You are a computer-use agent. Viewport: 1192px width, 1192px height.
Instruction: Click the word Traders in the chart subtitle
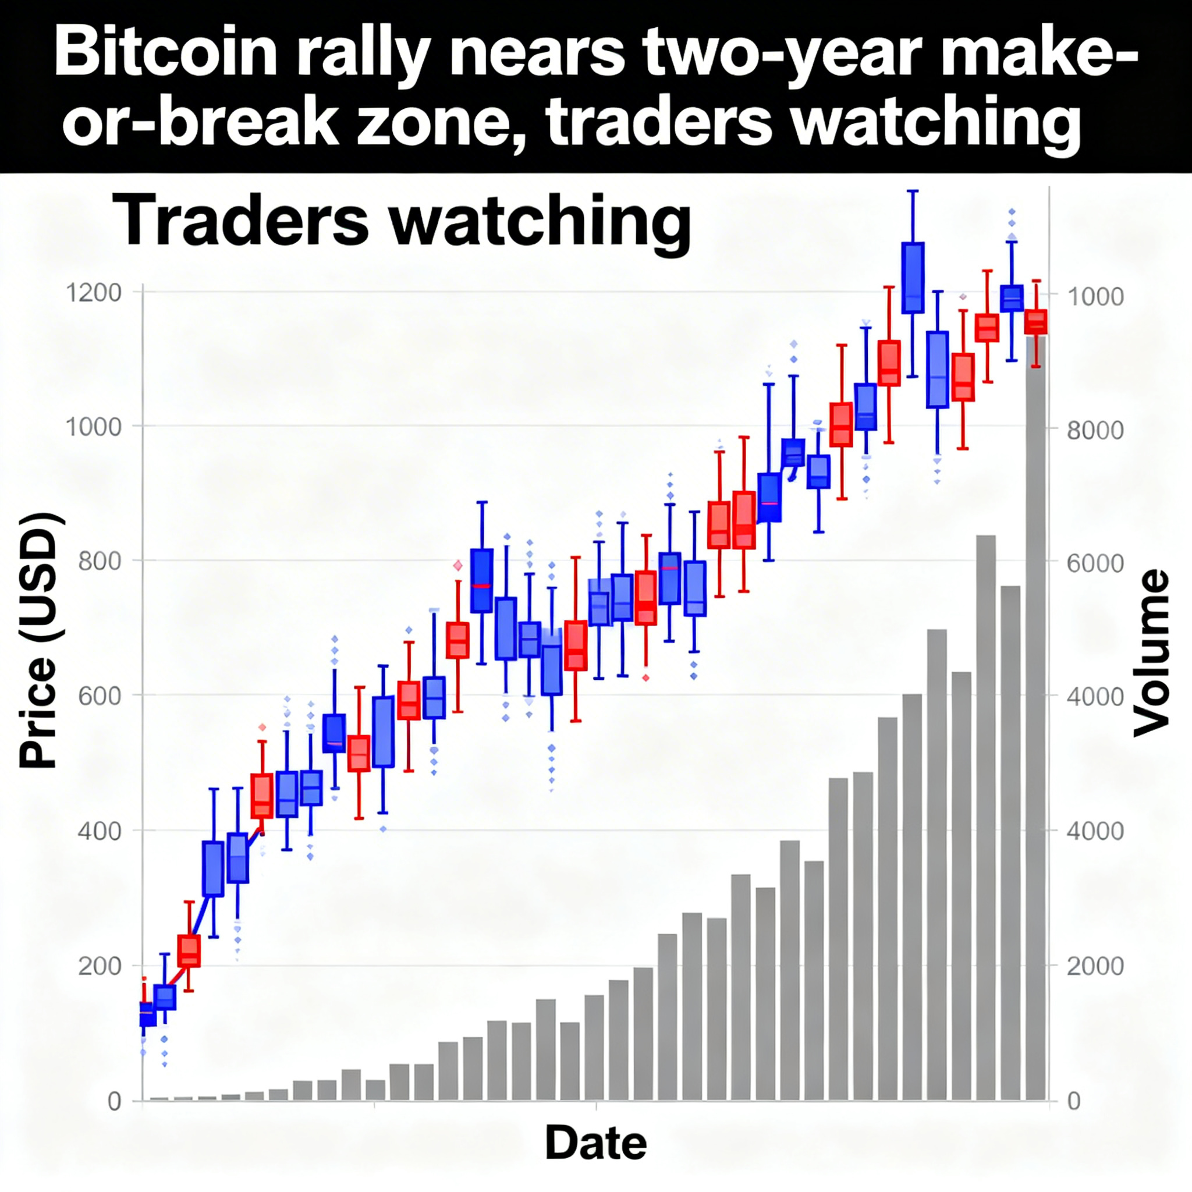[x=241, y=219]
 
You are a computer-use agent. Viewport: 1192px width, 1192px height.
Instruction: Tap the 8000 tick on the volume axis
[x=1095, y=430]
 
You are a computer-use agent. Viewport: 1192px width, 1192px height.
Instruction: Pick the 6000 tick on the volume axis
[x=1095, y=563]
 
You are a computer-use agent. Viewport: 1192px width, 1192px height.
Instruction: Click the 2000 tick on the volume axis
[x=1095, y=966]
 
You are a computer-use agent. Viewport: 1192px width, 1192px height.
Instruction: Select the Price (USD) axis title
[x=38, y=641]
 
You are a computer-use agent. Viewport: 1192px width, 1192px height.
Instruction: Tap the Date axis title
[x=595, y=1143]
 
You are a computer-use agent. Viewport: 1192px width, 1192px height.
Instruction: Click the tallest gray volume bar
[x=1036, y=740]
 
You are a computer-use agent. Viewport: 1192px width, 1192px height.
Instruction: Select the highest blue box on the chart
[x=913, y=278]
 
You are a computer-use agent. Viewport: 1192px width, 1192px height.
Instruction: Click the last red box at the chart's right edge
[x=1036, y=322]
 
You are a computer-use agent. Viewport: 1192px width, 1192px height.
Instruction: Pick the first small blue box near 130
[x=148, y=1014]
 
